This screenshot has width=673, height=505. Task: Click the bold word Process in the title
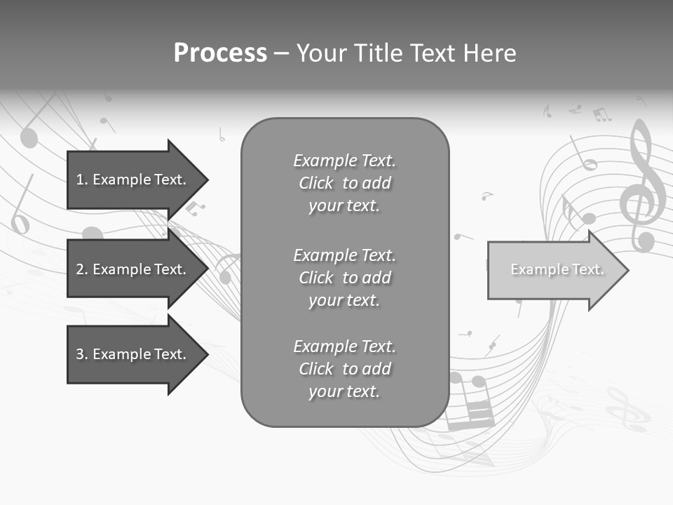click(x=220, y=53)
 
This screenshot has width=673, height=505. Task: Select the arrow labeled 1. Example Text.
click(x=133, y=180)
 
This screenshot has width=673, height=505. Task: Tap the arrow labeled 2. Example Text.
click(x=133, y=269)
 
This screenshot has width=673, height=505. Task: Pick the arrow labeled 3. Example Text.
click(x=133, y=354)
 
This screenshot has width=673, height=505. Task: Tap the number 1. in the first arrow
click(x=82, y=180)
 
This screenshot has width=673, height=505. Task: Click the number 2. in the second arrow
click(x=82, y=269)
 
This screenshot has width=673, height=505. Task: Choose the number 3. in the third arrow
click(x=82, y=354)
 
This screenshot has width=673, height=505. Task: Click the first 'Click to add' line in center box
click(x=344, y=183)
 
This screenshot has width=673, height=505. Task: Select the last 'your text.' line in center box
click(x=344, y=391)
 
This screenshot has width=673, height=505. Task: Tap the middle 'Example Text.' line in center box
click(x=344, y=255)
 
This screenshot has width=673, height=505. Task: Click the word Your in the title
click(x=320, y=53)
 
